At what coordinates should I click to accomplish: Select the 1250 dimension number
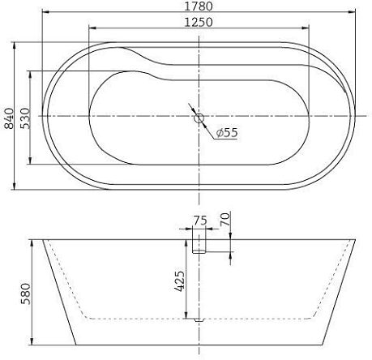click(x=199, y=23)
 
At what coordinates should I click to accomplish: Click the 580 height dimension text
click(x=24, y=291)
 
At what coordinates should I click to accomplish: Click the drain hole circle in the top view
click(x=199, y=118)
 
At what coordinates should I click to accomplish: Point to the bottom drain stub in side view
click(x=199, y=321)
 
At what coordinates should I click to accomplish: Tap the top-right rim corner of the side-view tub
click(x=356, y=240)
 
